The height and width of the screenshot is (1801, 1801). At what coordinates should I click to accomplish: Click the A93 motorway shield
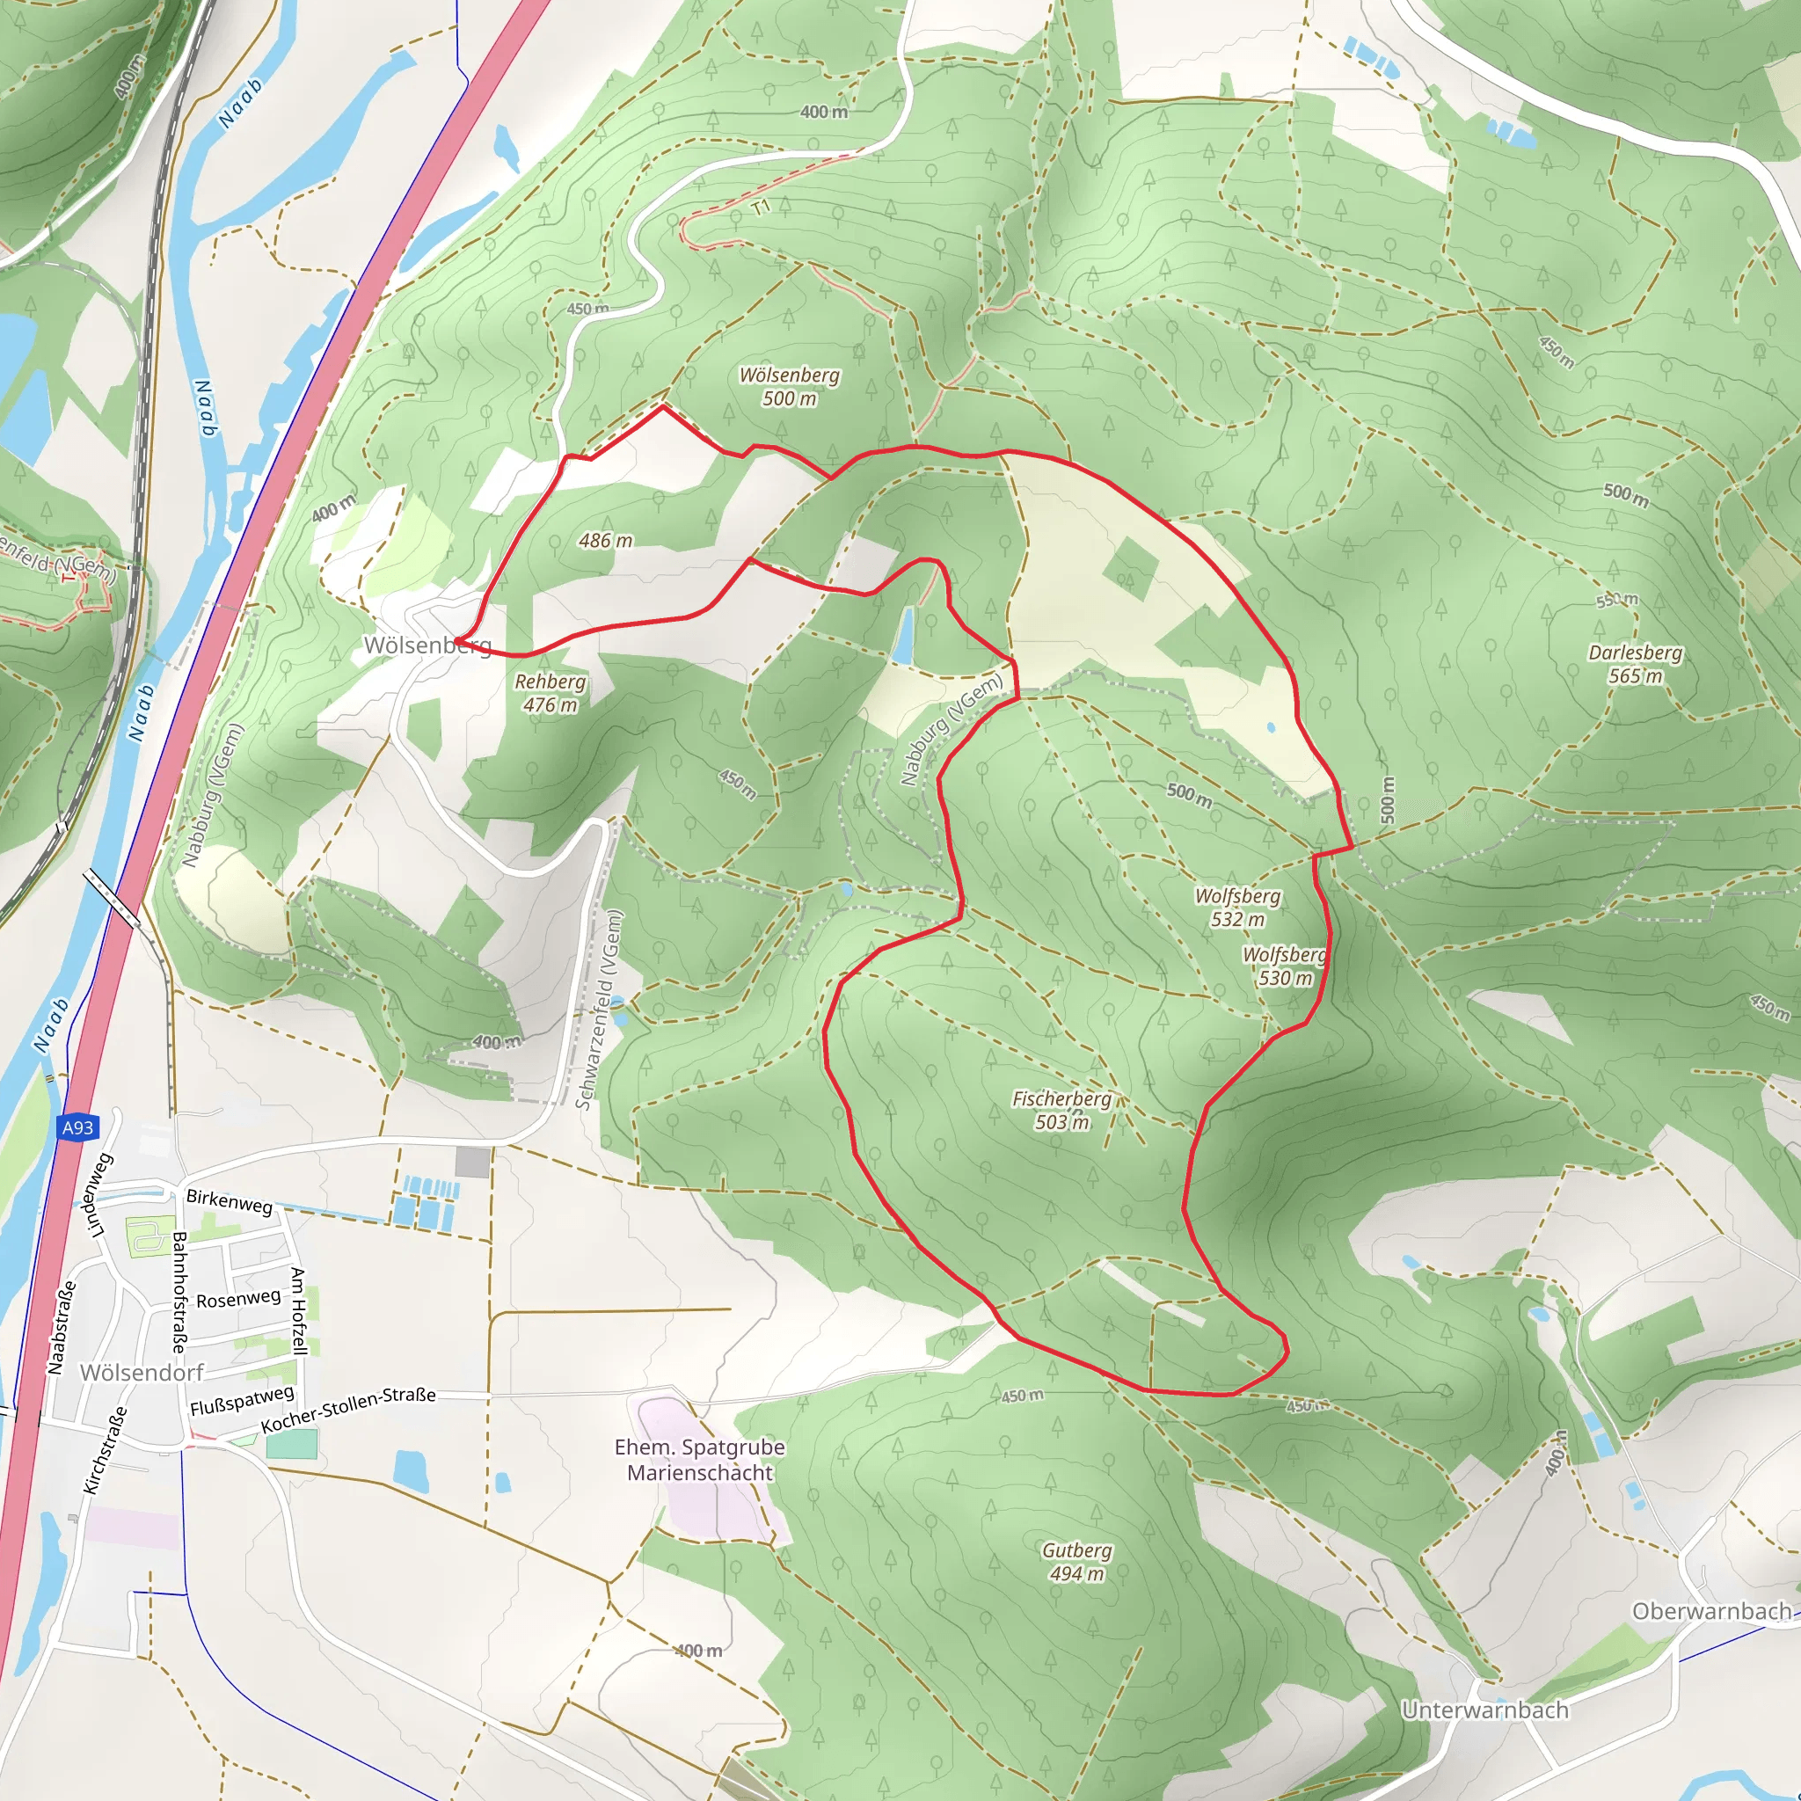click(78, 1128)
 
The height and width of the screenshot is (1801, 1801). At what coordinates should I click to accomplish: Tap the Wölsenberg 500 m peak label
click(789, 387)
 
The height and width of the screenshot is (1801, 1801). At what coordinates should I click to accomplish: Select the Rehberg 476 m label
click(550, 694)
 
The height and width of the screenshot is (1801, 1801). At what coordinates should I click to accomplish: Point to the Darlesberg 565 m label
click(1635, 664)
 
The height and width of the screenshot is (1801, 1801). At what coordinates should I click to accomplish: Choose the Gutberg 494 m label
click(1076, 1562)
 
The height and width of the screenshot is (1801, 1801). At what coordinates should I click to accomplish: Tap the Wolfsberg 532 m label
click(1237, 907)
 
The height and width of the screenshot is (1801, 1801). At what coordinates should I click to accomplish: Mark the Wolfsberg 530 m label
click(1285, 966)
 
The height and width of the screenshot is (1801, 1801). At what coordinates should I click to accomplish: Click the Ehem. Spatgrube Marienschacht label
click(699, 1460)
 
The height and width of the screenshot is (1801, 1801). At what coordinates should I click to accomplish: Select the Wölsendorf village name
click(142, 1372)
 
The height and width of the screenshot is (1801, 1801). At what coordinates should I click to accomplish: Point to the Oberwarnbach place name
click(1710, 1611)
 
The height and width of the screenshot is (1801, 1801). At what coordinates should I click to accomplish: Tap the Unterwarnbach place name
click(1484, 1710)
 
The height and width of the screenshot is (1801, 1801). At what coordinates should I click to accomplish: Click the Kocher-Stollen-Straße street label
click(348, 1410)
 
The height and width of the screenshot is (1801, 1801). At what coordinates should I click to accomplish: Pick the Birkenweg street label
click(230, 1201)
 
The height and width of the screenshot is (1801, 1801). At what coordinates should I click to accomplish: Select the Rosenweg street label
click(237, 1299)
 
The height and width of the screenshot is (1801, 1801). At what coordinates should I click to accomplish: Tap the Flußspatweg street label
click(242, 1400)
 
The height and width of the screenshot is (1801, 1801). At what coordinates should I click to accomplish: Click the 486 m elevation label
click(605, 541)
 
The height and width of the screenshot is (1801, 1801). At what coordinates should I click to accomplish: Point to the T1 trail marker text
click(762, 207)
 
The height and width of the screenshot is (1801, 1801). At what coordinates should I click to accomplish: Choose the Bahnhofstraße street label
click(179, 1292)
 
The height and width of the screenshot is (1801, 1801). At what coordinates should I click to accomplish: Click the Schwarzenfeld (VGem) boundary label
click(599, 1010)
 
